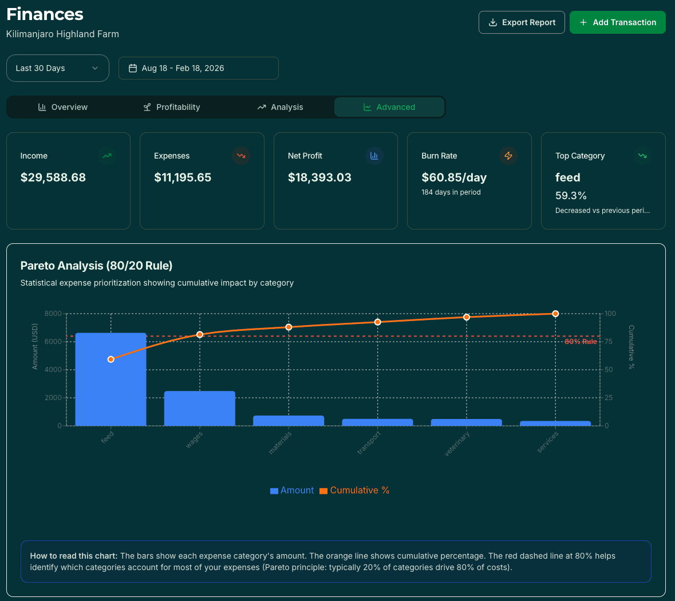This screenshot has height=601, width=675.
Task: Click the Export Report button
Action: [x=522, y=22]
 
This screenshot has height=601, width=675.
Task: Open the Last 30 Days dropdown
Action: [x=57, y=68]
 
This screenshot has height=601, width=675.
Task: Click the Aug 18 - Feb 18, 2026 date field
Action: [x=198, y=68]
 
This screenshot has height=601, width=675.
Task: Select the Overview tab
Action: [x=63, y=107]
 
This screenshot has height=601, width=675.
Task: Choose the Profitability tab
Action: [x=172, y=107]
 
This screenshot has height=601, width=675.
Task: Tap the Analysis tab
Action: [x=280, y=107]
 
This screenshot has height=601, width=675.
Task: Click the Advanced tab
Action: [x=389, y=107]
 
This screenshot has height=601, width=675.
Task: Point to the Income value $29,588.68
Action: [x=53, y=177]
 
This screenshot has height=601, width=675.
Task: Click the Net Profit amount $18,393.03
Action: [x=319, y=177]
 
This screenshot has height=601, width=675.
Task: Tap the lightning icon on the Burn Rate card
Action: [x=508, y=156]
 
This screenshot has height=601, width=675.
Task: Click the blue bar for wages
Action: [x=200, y=409]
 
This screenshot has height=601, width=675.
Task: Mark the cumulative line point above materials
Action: [x=289, y=327]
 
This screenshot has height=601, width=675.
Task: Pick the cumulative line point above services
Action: [x=555, y=314]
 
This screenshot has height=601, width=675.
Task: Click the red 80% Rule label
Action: [x=581, y=342]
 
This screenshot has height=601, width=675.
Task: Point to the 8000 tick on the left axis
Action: [x=53, y=314]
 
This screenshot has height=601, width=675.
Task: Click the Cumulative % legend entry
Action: [x=354, y=491]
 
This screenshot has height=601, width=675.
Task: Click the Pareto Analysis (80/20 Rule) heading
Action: [x=96, y=266]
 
